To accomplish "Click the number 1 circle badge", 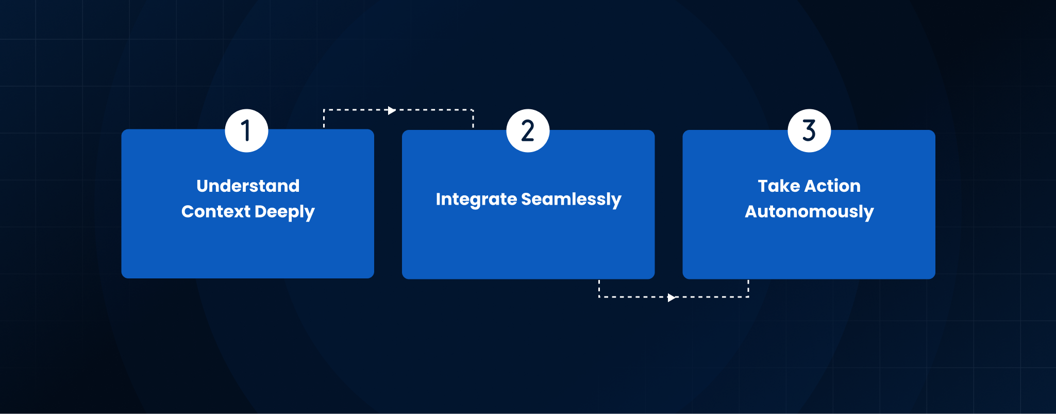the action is tap(246, 130).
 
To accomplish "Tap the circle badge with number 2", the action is tap(528, 130).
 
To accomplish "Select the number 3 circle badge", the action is tap(809, 130).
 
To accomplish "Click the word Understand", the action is tap(248, 186).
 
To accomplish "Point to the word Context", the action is tap(216, 211).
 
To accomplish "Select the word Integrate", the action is tap(476, 200).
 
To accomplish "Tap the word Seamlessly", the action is tap(572, 200).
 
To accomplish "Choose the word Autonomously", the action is tap(809, 212).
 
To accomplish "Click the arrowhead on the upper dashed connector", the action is tap(392, 110).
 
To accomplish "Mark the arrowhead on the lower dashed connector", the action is tap(672, 297).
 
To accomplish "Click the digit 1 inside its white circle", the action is tap(246, 130).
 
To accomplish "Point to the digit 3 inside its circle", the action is tap(809, 130).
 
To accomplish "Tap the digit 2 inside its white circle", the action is tap(528, 130).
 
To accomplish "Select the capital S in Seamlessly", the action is tap(527, 199).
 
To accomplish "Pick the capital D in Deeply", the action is tap(261, 212).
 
